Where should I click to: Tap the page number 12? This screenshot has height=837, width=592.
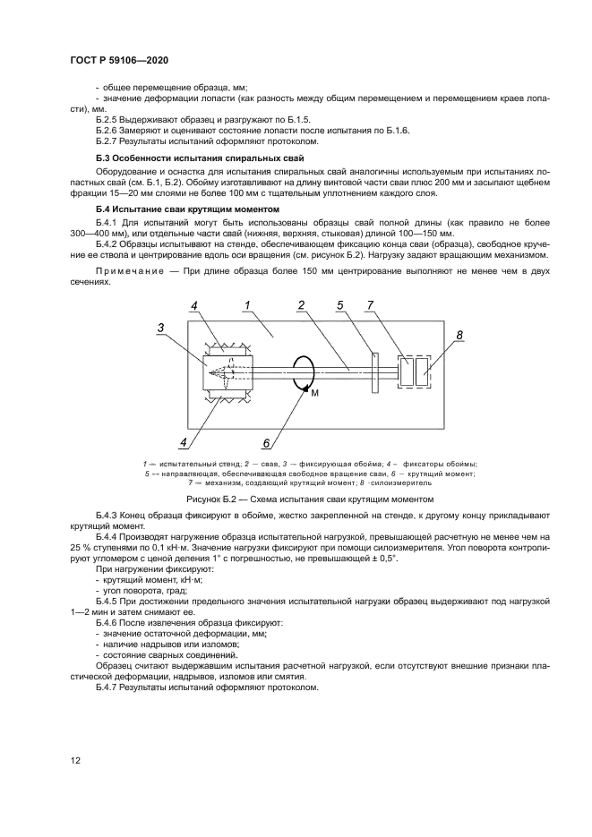click(76, 760)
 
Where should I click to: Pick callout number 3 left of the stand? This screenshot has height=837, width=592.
click(159, 329)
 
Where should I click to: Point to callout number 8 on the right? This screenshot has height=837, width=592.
click(459, 334)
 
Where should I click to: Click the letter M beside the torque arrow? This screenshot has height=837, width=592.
click(314, 393)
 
